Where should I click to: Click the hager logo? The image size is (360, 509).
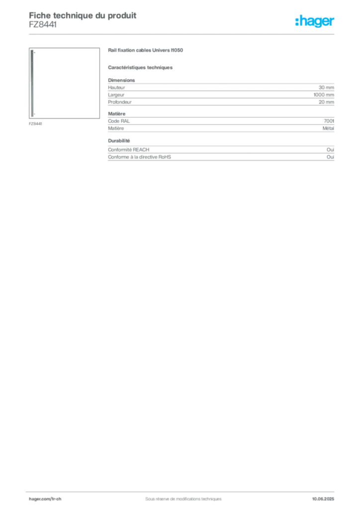pos(315,21)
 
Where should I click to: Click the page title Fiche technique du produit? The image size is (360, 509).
pos(83,15)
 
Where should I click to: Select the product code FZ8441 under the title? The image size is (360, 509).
pos(43,25)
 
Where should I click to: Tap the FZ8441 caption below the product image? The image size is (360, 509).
pos(35,124)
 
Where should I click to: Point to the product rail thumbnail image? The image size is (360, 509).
pos(64,83)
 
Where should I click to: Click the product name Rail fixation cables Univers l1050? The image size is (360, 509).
pos(145,50)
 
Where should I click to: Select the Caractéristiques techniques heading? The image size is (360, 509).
pos(140,68)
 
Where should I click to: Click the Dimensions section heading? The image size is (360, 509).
pos(121,80)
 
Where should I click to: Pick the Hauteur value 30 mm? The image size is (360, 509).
pos(326,87)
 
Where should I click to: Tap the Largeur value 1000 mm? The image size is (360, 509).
pos(324,95)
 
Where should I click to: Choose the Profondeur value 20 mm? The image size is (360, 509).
pos(326,102)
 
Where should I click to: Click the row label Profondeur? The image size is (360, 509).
pos(120,102)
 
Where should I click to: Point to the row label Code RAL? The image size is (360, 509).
pos(119,121)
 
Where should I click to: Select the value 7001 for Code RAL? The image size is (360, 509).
pos(329,121)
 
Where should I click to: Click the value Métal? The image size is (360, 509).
pos(328,128)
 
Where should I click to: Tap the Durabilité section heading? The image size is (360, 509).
pos(119,141)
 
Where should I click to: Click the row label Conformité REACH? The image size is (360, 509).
pos(129,150)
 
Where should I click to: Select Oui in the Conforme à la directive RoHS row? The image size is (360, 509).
pos(330,157)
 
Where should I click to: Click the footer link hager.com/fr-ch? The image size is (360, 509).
pos(45,499)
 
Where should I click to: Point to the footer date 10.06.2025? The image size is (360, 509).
pos(323,499)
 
